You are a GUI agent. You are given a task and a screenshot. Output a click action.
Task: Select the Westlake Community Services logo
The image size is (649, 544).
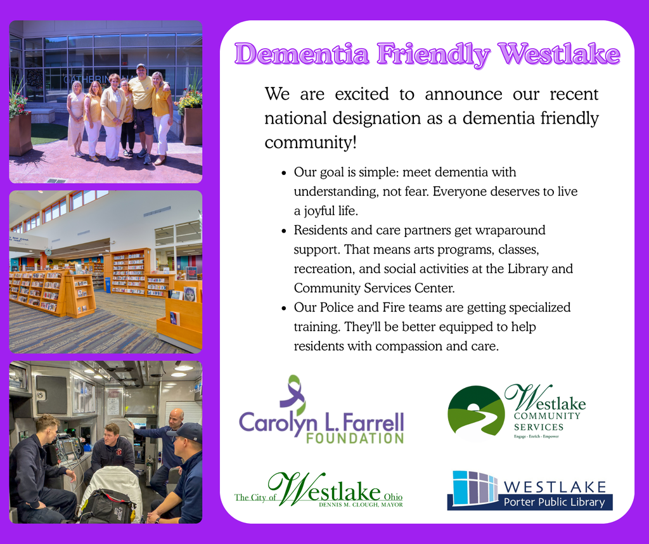[x=517, y=413]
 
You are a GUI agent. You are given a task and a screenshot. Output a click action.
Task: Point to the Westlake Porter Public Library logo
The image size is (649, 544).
[x=529, y=490]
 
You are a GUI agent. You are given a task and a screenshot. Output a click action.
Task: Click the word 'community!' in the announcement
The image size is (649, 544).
[x=311, y=143]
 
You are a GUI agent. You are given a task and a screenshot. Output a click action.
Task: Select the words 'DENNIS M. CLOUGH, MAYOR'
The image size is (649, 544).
[x=361, y=505]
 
